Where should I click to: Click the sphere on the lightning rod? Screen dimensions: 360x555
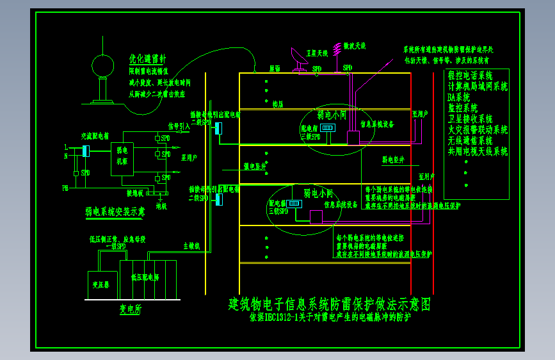click(x=102, y=65)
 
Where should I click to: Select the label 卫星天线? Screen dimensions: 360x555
click(x=317, y=53)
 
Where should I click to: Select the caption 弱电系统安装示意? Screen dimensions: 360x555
click(x=115, y=210)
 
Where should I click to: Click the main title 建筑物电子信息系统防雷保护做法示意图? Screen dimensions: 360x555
click(x=330, y=303)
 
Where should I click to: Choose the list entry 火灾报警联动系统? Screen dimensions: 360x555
click(x=478, y=129)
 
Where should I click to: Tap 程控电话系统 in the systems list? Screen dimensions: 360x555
click(x=474, y=76)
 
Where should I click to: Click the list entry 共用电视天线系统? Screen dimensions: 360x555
click(x=478, y=151)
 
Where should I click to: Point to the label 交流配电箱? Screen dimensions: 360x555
click(x=95, y=136)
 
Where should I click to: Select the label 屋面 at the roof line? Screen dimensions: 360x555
click(x=275, y=68)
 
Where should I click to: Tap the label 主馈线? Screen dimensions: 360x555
click(x=191, y=245)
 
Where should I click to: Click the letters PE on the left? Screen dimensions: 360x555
click(x=65, y=188)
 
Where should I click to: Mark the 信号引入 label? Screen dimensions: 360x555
click(x=179, y=126)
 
